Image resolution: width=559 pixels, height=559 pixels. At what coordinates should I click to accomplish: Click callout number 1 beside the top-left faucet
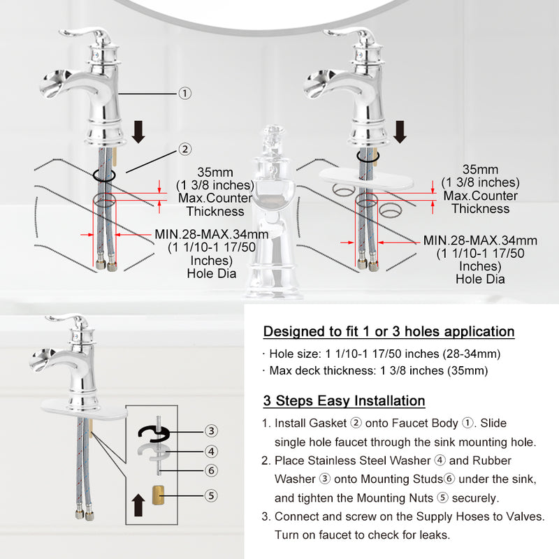point(184,94)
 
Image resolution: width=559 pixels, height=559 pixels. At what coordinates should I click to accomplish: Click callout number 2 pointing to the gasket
point(184,149)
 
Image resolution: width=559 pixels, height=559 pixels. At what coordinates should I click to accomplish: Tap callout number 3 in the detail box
point(211,430)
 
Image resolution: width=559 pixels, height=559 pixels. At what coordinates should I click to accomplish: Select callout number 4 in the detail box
point(211,451)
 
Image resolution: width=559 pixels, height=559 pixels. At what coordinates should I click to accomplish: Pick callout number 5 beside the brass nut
point(211,495)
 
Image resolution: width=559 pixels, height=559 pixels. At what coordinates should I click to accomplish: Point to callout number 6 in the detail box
point(211,470)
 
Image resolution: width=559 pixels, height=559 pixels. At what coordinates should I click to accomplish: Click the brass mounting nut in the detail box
point(159,495)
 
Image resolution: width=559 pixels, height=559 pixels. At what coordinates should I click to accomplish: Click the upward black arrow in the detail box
point(138,504)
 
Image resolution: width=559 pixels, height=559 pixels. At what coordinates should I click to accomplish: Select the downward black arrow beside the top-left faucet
point(138,132)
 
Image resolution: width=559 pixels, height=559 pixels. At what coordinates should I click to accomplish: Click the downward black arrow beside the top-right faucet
point(400,132)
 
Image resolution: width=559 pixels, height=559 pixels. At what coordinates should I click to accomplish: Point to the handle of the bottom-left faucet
point(68,319)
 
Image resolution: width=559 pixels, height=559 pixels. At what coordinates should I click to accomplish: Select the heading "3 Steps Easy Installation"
point(344,400)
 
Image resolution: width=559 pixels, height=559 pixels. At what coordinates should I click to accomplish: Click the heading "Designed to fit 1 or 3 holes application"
point(389,331)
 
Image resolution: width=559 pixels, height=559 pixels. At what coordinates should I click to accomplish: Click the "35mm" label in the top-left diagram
point(215,172)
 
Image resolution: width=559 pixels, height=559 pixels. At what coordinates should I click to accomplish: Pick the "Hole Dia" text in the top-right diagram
point(480,279)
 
